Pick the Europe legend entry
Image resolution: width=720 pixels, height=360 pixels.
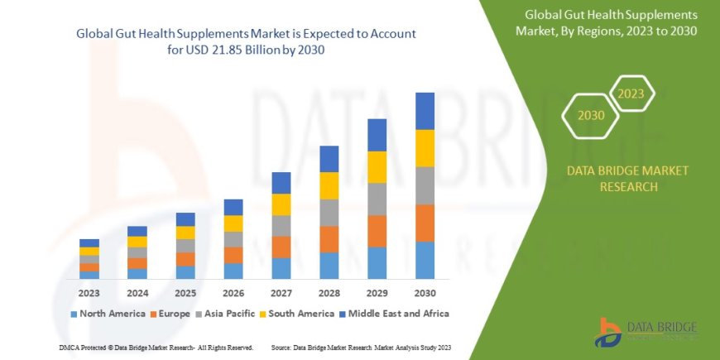(172, 314)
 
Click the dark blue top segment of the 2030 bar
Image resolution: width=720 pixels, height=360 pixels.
(425, 111)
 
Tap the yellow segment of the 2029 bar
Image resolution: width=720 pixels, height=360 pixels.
(377, 167)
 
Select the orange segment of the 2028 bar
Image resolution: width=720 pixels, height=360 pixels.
(329, 239)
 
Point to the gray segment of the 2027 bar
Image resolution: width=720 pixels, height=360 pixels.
(281, 225)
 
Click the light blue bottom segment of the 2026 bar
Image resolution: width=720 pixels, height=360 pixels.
(233, 271)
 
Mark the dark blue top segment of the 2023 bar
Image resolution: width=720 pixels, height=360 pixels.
(89, 242)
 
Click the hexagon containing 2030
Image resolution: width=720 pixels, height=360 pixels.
(591, 115)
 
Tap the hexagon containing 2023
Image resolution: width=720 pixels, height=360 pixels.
(631, 94)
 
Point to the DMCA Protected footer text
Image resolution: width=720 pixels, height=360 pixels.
(156, 347)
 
